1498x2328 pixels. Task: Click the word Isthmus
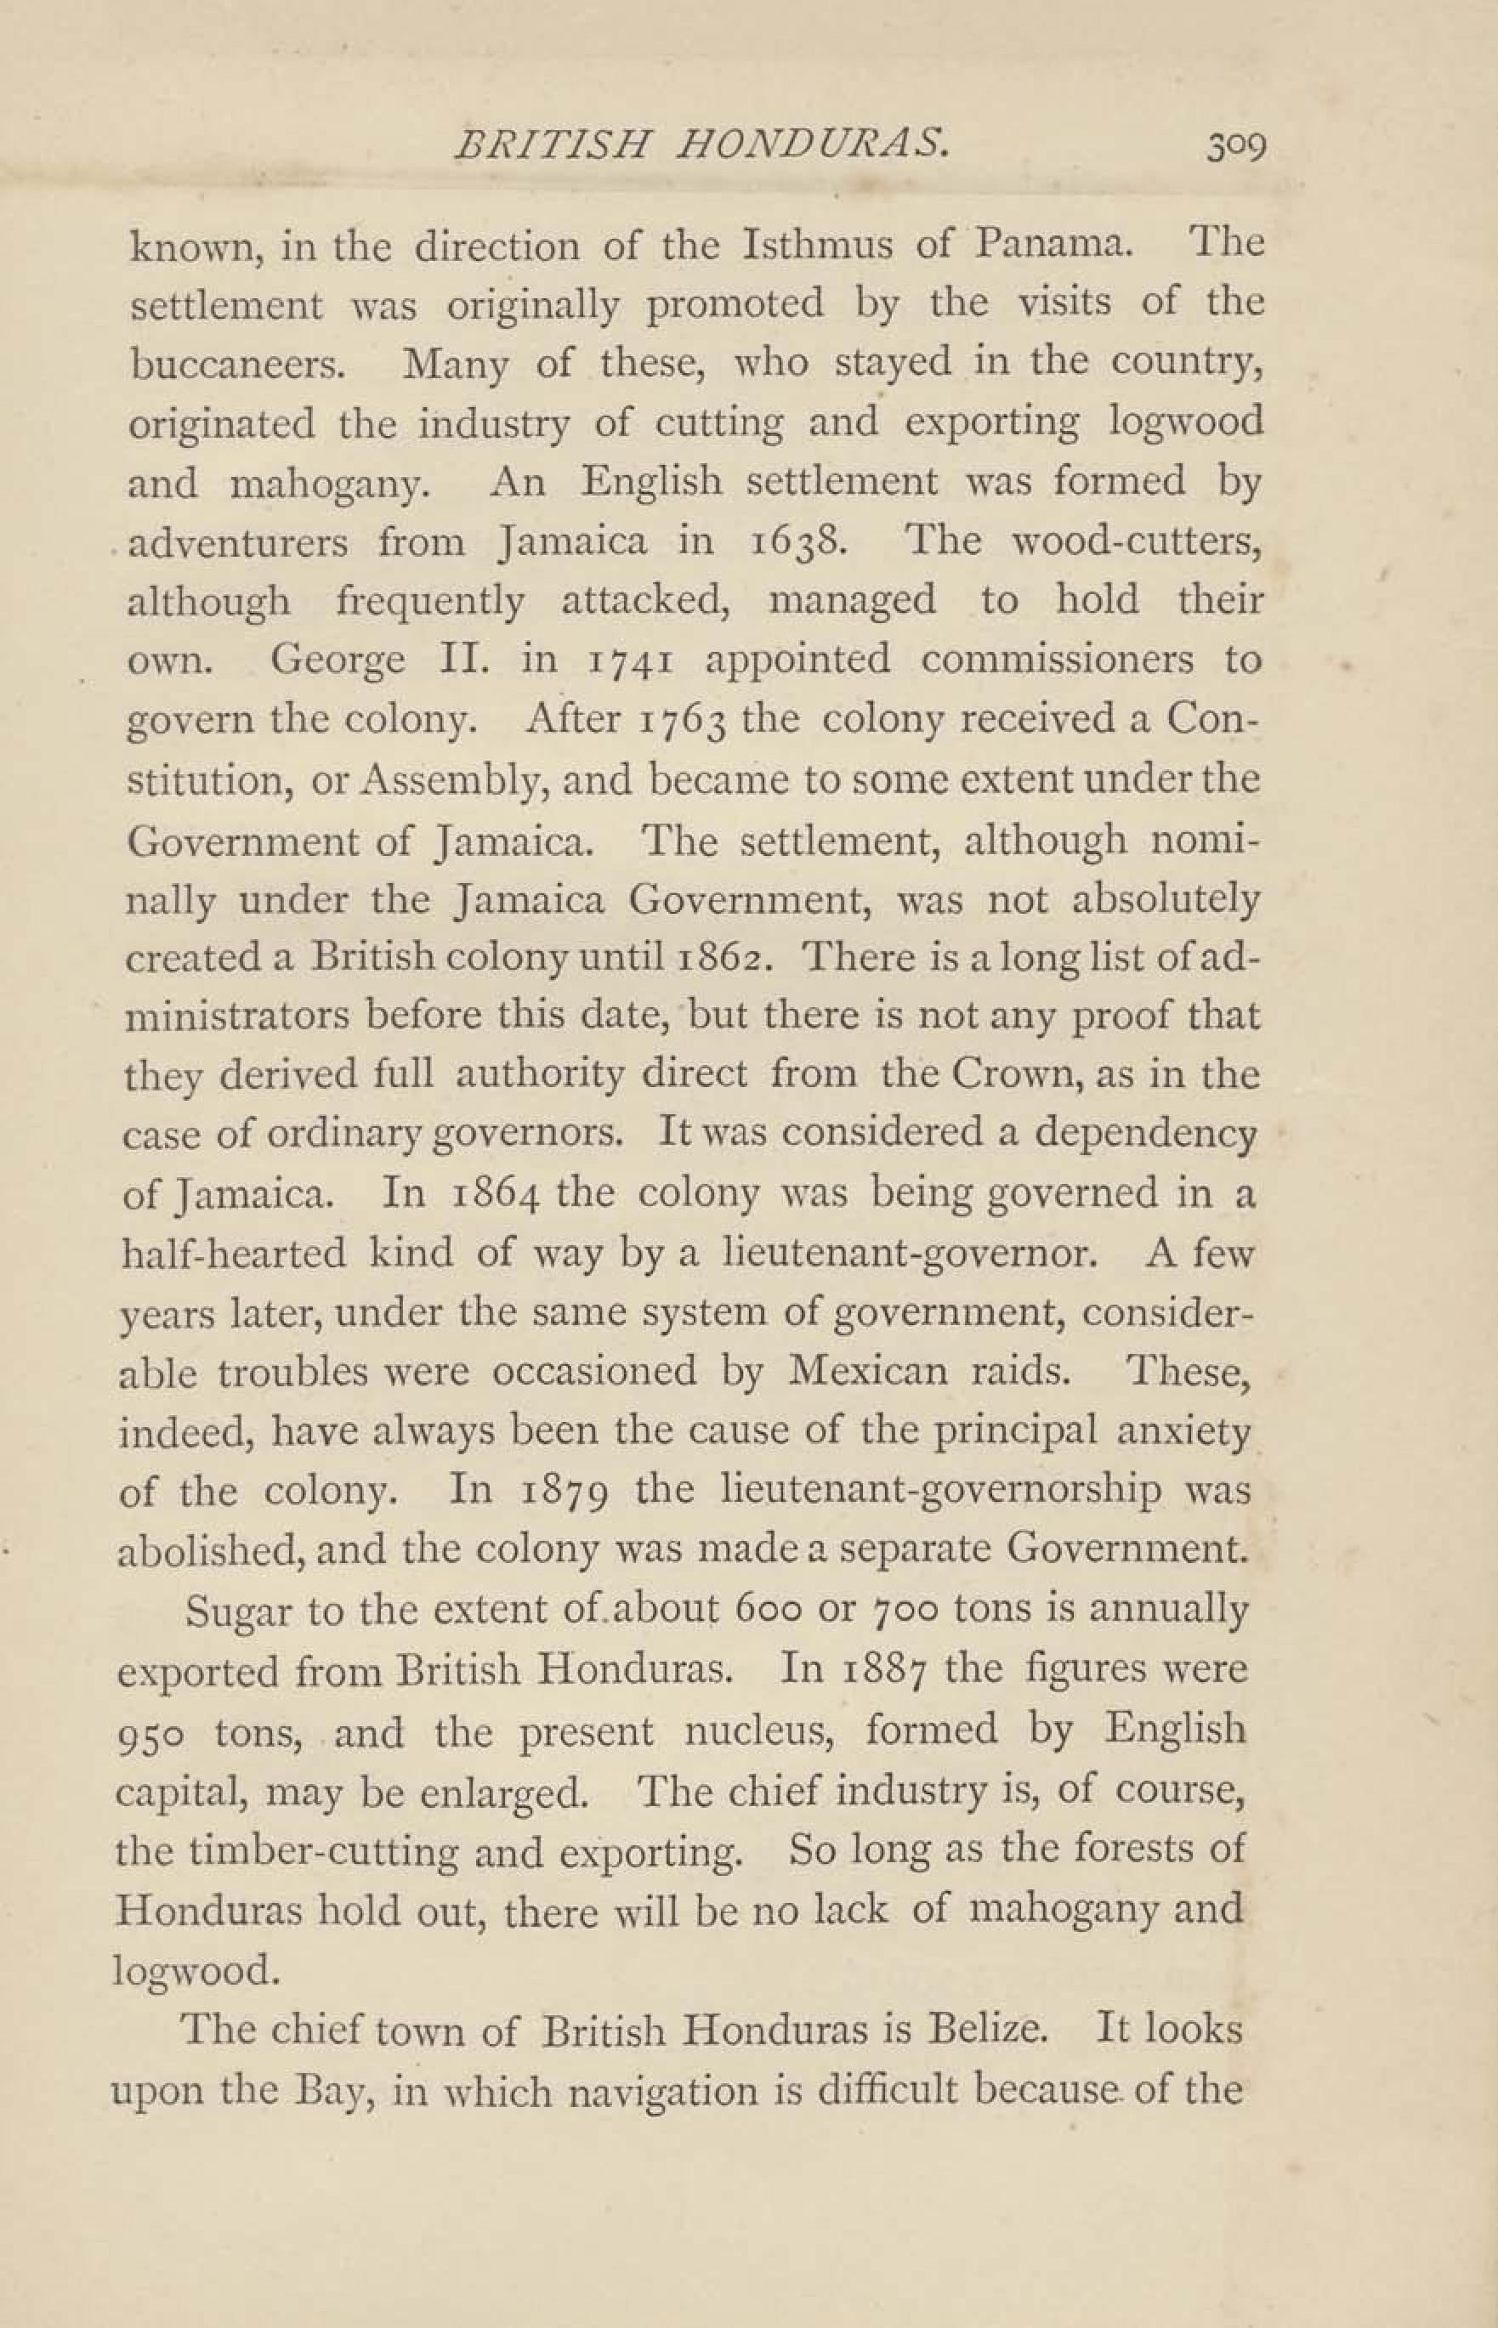point(817,244)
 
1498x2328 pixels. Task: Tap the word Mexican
point(869,1371)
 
